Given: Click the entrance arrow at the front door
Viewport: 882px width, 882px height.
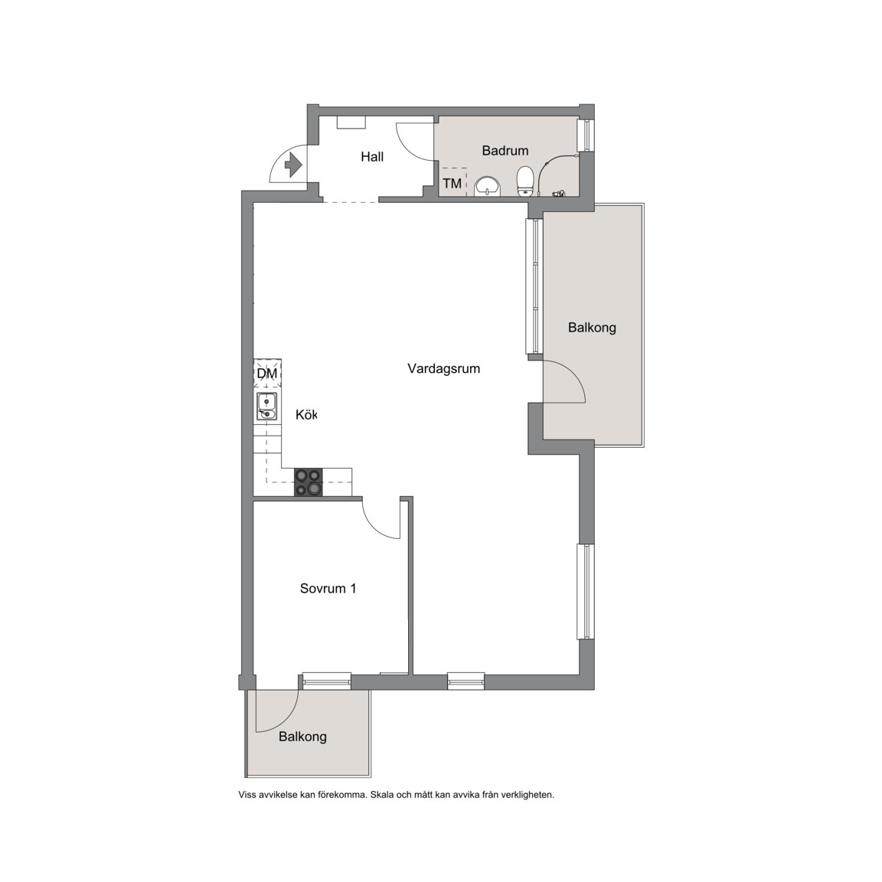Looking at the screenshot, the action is [x=294, y=165].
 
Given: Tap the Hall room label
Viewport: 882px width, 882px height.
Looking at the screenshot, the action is [x=372, y=156].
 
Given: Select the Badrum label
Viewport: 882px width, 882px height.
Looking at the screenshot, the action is [x=505, y=150].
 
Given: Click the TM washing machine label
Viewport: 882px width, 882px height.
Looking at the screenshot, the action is [x=452, y=184].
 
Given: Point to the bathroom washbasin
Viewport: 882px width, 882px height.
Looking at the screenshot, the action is [x=488, y=186].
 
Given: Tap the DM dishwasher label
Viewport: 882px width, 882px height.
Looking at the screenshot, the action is [x=267, y=374].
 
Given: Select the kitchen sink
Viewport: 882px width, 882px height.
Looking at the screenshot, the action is [x=266, y=407].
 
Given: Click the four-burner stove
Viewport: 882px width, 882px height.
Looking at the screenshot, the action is [x=309, y=482].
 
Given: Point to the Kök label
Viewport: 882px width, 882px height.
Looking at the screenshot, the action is [x=306, y=414].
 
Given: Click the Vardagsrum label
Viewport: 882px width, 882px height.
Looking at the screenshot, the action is [x=444, y=368].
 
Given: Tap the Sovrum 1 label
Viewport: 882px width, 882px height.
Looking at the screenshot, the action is [x=328, y=588].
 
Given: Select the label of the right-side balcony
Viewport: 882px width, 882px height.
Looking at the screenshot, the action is [x=592, y=328].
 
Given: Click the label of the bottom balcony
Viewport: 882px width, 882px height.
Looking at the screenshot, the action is [x=302, y=737].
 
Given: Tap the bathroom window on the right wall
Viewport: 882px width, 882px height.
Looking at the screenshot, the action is [x=586, y=135].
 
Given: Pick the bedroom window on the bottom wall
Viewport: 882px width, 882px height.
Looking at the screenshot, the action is [x=327, y=681].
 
